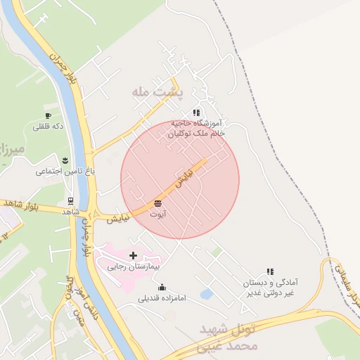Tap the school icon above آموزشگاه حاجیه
(196, 112)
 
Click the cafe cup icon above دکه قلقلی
(48, 115)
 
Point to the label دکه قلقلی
(48, 127)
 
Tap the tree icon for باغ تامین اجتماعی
(65, 160)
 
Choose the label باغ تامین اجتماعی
(65, 171)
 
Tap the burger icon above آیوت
(156, 203)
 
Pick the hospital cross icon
(133, 255)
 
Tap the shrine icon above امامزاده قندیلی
(162, 287)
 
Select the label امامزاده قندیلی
(162, 298)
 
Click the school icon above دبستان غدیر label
(269, 271)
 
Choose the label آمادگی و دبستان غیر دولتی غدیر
(268, 287)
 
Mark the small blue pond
(207, 295)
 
